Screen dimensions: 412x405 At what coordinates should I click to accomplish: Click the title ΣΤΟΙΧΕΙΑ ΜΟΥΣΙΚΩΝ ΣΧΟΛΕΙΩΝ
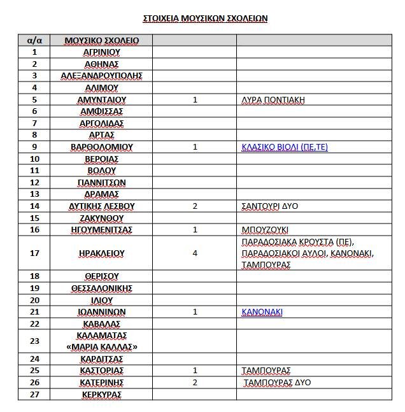tap(204, 18)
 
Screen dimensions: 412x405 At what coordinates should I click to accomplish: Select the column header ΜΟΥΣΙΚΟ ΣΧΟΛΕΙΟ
tap(101, 41)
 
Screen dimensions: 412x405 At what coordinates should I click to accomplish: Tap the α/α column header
tap(34, 41)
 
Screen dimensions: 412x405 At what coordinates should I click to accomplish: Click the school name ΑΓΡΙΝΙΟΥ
tap(101, 52)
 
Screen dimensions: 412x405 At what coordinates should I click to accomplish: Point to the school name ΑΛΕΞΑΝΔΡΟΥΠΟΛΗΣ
tap(101, 76)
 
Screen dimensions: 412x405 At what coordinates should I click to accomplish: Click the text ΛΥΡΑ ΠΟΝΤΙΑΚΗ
tap(273, 99)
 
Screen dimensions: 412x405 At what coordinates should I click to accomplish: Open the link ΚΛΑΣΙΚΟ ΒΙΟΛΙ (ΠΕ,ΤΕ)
tap(285, 147)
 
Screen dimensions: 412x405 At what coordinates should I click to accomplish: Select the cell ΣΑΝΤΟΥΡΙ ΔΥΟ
tap(269, 206)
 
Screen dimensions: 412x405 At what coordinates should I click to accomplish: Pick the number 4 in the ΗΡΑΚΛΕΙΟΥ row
tap(195, 253)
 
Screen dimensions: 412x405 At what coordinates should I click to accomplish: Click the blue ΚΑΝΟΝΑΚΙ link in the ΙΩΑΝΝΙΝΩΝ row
tap(262, 312)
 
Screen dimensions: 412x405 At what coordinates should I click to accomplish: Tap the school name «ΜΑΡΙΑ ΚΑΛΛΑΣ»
tap(101, 346)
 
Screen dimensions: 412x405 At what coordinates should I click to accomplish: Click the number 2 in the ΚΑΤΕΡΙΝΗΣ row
tap(195, 383)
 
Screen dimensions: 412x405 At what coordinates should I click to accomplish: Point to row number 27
tap(34, 394)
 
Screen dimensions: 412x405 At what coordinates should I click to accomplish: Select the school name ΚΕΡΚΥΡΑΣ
tap(101, 394)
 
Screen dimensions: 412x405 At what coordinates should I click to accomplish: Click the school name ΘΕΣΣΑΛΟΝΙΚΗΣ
tap(101, 288)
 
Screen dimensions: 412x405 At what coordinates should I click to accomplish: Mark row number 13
tap(34, 194)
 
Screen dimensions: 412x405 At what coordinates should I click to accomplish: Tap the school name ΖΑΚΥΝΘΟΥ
tap(101, 218)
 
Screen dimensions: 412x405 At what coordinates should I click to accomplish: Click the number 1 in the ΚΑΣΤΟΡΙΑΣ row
tap(195, 371)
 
